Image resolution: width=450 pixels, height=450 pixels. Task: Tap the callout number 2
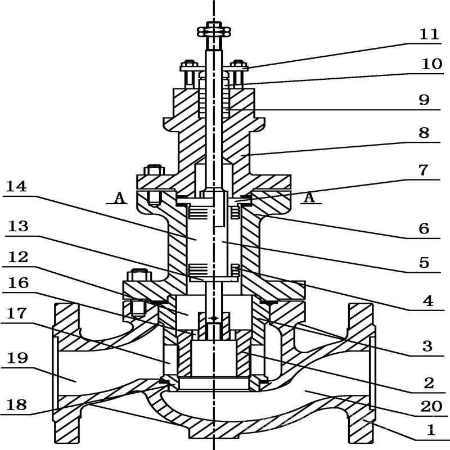(429, 383)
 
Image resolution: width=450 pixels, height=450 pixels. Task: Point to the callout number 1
(431, 431)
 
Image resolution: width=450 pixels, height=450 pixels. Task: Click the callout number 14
(18, 186)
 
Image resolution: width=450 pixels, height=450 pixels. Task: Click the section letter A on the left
(119, 197)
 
